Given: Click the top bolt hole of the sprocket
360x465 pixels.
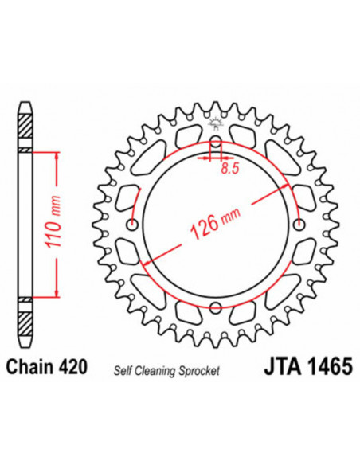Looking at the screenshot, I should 215,144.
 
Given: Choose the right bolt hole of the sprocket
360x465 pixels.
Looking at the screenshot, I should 298,223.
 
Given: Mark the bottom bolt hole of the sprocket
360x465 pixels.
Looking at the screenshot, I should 215,305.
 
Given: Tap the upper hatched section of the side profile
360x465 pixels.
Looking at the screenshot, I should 25,128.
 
